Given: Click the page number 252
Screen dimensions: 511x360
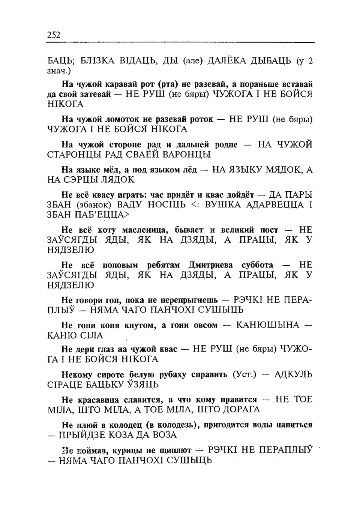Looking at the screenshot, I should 54,35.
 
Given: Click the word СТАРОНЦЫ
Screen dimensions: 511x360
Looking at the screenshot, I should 73,155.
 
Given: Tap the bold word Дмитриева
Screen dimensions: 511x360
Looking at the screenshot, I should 213,265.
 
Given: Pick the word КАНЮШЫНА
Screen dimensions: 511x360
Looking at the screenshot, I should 268,325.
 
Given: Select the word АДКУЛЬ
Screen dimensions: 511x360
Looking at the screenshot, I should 293,374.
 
